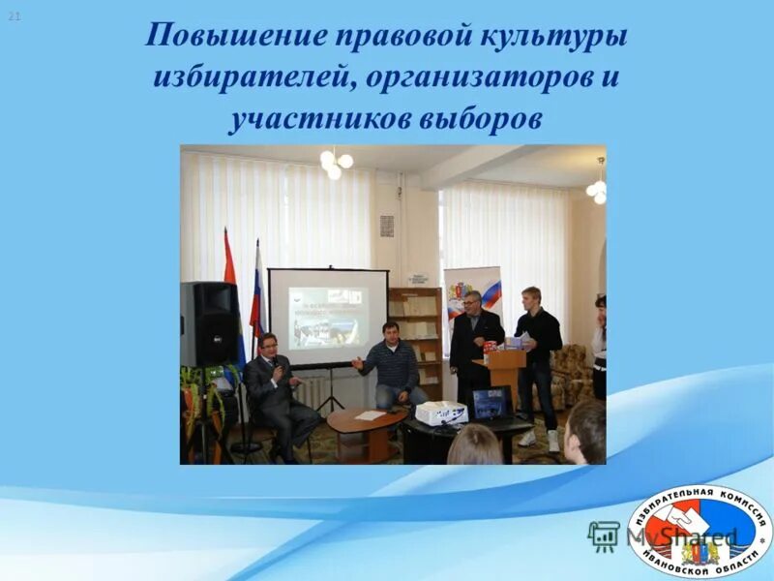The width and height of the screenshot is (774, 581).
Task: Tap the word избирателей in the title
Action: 253,77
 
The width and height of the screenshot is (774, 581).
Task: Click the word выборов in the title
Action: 481,118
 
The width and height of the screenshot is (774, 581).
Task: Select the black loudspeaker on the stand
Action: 209,323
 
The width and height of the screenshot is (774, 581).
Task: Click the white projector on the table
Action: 441,413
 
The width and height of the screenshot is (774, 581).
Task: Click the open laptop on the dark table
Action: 491,403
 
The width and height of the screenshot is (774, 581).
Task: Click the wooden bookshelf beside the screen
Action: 416,334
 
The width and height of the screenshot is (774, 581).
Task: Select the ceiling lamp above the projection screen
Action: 336,163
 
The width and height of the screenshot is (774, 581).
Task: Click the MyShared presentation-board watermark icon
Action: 604,535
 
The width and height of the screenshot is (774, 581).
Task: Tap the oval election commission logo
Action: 700,531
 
